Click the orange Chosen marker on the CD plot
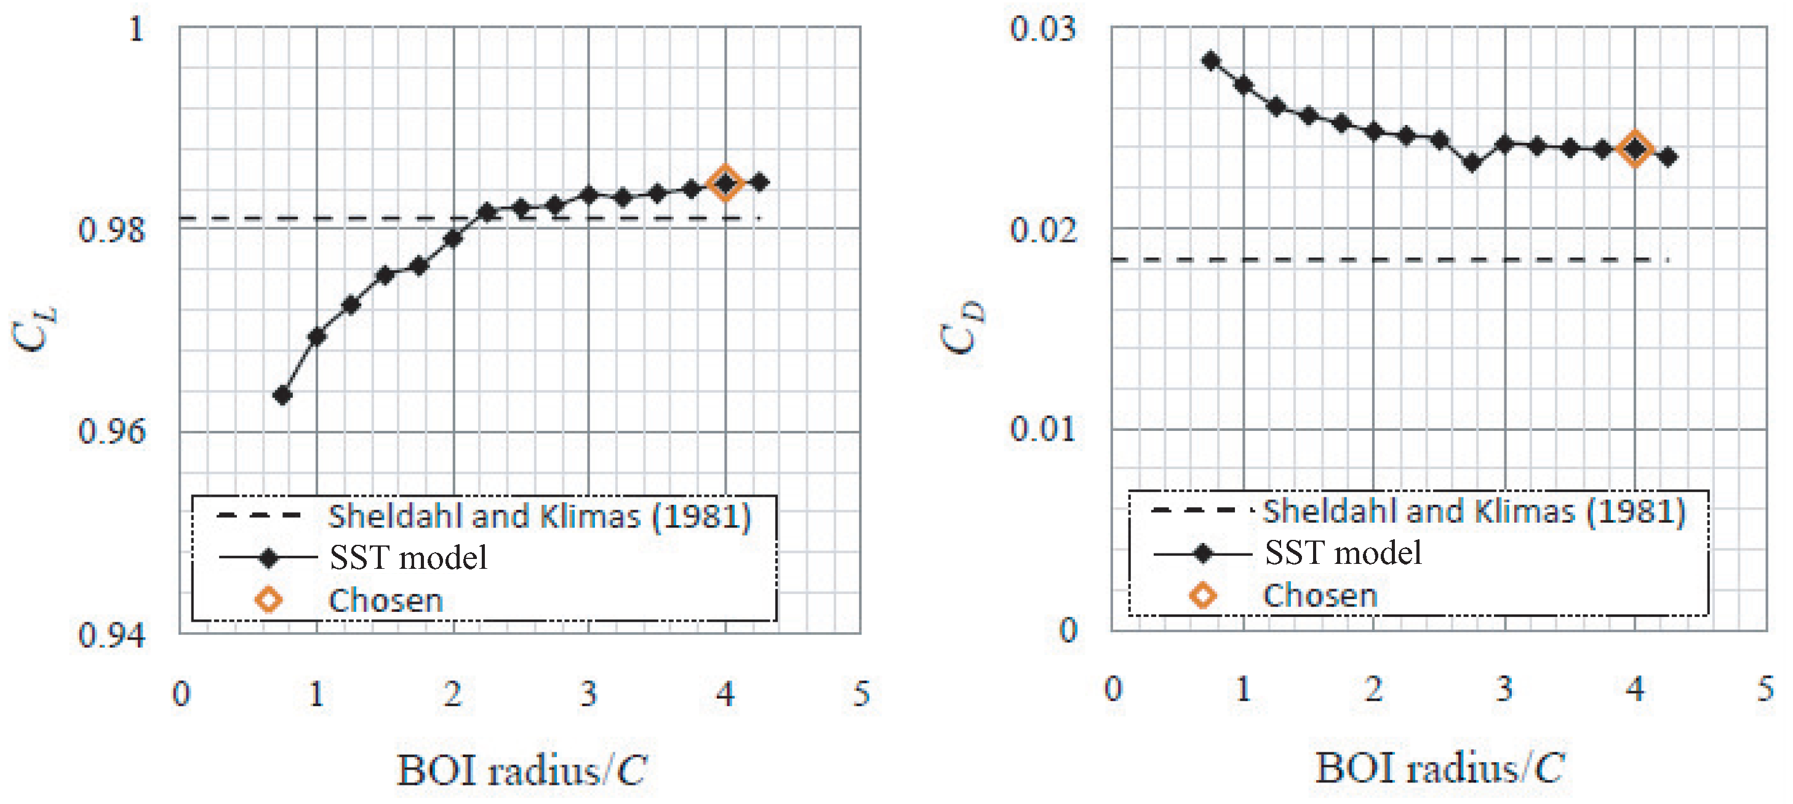1635,148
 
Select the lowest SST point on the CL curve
282,395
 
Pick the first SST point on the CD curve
1211,60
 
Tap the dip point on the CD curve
1471,163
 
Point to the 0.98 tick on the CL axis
111,230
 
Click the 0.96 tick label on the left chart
111,432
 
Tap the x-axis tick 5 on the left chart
861,693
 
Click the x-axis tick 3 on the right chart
1504,689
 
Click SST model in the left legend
408,558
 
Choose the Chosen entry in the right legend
1320,596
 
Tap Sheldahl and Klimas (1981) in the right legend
1474,512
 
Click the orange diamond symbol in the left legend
269,600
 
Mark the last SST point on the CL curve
760,182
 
